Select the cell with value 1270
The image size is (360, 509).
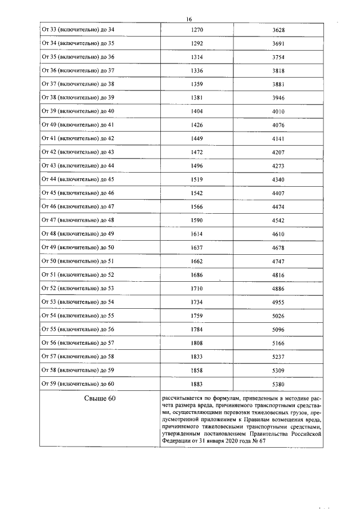click(197, 29)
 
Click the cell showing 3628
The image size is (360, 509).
click(278, 29)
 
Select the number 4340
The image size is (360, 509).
click(278, 179)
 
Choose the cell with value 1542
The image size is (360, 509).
click(197, 193)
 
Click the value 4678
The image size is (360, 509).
click(278, 247)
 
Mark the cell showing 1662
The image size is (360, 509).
click(197, 261)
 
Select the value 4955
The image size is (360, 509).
click(278, 302)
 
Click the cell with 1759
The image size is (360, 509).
click(197, 316)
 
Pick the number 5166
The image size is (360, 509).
click(278, 343)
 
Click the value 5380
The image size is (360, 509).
click(278, 384)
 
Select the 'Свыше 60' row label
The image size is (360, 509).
click(96, 399)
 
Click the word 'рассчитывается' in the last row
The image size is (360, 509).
click(179, 397)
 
